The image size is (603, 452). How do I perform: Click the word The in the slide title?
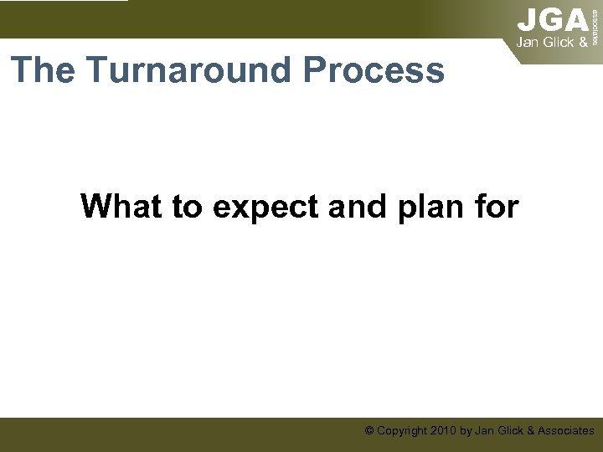(x=42, y=70)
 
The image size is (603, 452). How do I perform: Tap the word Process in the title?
(x=374, y=70)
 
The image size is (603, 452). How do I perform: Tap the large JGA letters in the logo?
(x=552, y=19)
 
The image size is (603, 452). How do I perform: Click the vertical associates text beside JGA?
(x=595, y=23)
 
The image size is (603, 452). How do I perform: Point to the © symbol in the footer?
(x=369, y=430)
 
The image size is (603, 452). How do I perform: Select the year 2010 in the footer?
(x=444, y=430)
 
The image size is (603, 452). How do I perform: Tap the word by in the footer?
(x=466, y=431)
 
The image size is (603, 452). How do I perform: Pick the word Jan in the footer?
(x=484, y=430)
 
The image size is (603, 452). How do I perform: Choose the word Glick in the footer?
(x=510, y=430)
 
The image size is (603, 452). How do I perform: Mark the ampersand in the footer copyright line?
(x=531, y=430)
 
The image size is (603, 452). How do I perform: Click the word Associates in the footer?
(x=566, y=430)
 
